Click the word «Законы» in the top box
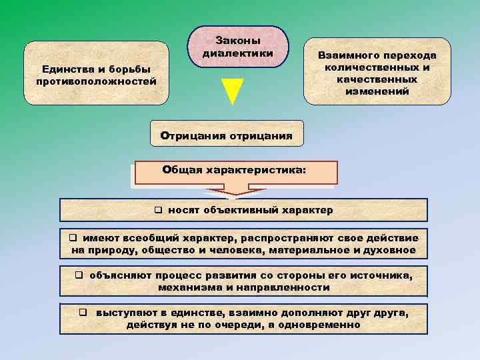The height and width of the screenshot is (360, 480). (x=238, y=41)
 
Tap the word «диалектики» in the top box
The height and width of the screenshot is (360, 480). (x=238, y=52)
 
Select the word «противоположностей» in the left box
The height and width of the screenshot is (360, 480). (x=97, y=81)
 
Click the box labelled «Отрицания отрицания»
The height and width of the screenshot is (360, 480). (x=227, y=136)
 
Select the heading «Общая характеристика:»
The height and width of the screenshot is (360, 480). (x=235, y=170)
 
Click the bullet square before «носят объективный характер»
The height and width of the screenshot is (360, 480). (x=159, y=211)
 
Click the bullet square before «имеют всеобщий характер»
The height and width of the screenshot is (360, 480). (x=75, y=238)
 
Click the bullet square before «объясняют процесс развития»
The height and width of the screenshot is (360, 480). (x=79, y=275)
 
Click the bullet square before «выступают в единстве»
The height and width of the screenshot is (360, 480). (x=84, y=313)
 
